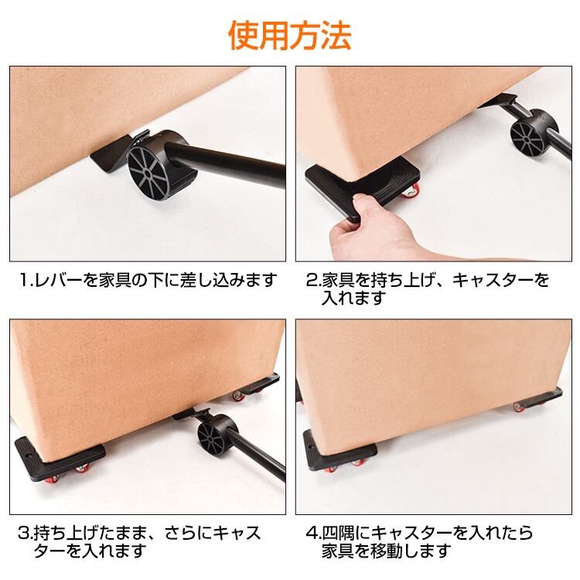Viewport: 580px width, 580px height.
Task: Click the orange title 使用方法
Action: [x=290, y=36]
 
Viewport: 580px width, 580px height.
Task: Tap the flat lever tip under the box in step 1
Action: [x=111, y=153]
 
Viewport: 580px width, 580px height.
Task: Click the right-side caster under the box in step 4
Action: [x=538, y=401]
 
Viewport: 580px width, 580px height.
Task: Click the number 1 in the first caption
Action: [x=25, y=280]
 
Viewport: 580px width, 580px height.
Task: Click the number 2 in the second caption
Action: [x=312, y=280]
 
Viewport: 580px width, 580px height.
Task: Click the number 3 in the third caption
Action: [x=24, y=533]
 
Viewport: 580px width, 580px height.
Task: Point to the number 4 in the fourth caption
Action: [x=312, y=533]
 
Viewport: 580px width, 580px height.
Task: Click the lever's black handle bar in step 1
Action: [x=230, y=162]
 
